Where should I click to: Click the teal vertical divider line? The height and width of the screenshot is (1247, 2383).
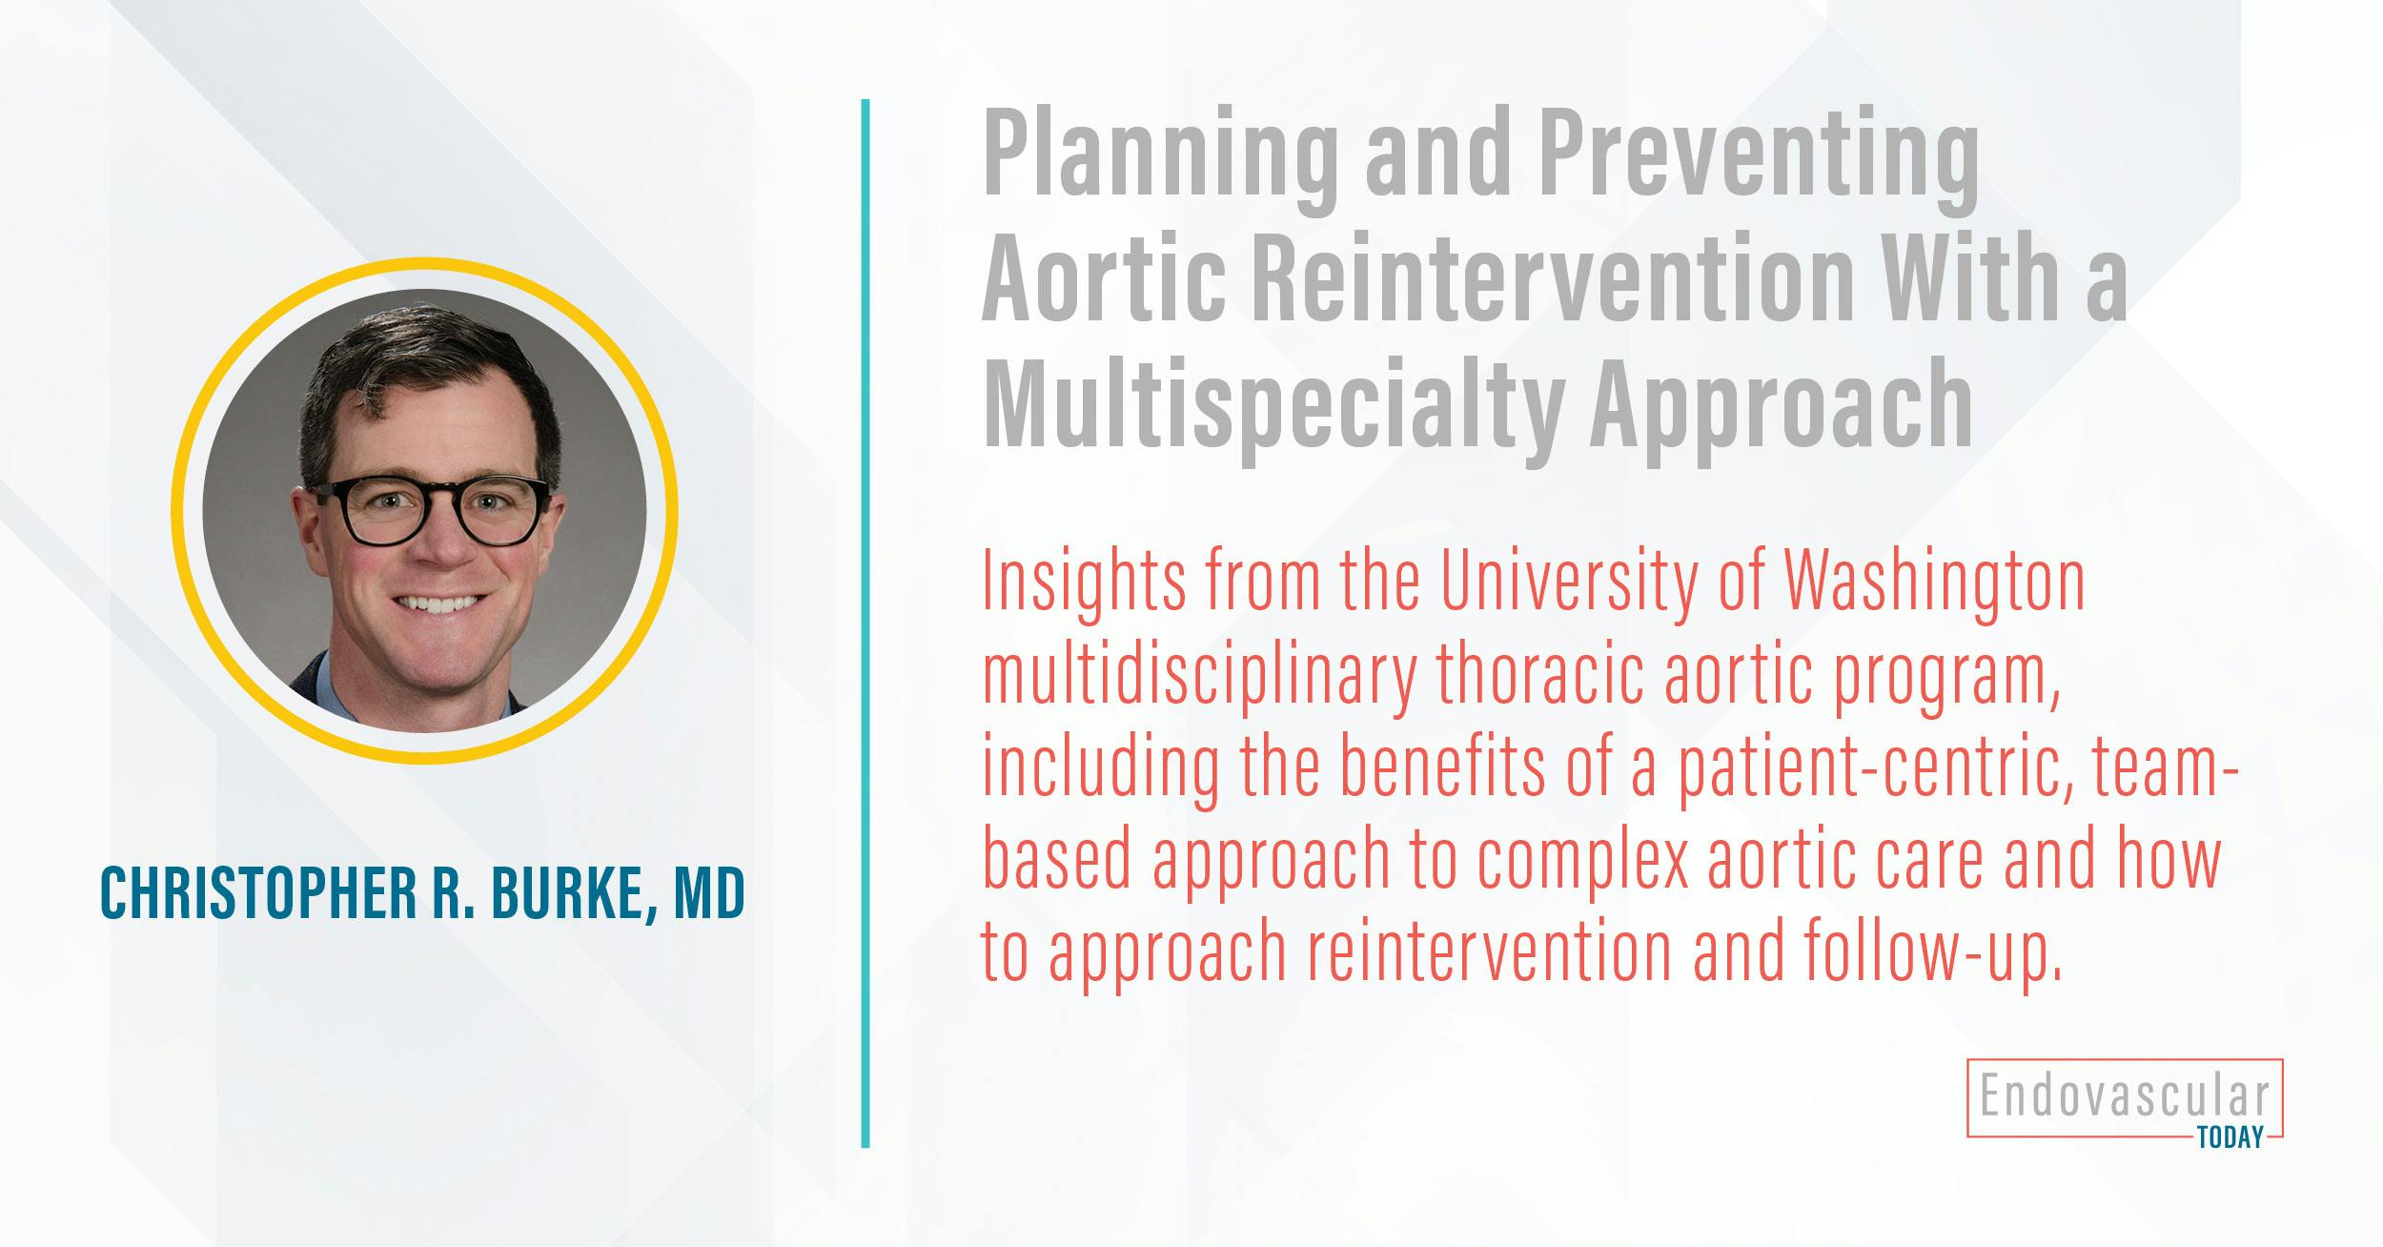tap(866, 623)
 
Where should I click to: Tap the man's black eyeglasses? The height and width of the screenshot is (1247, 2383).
tap(429, 511)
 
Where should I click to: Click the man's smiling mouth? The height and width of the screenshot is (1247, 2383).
tap(437, 604)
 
